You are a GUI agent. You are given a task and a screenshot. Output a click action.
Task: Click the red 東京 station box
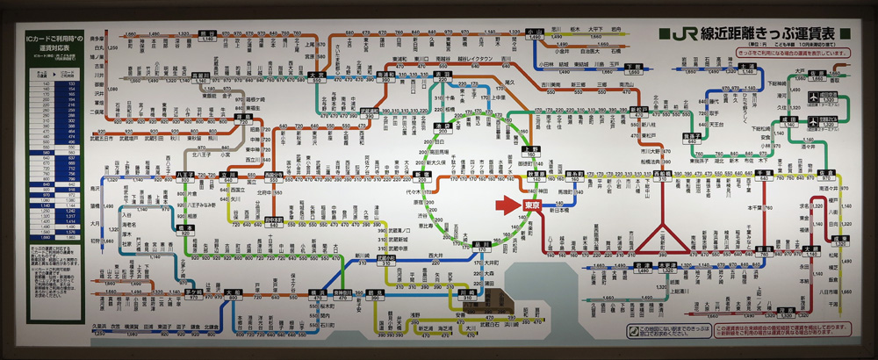(532, 205)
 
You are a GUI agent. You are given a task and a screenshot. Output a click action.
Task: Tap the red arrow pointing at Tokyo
(508, 205)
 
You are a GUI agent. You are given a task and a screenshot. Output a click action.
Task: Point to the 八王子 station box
(185, 176)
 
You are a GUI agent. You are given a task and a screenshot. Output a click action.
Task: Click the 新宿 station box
(422, 175)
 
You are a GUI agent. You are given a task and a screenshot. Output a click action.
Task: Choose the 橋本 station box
(185, 227)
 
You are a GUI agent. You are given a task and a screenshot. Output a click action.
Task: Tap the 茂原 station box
(840, 239)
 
